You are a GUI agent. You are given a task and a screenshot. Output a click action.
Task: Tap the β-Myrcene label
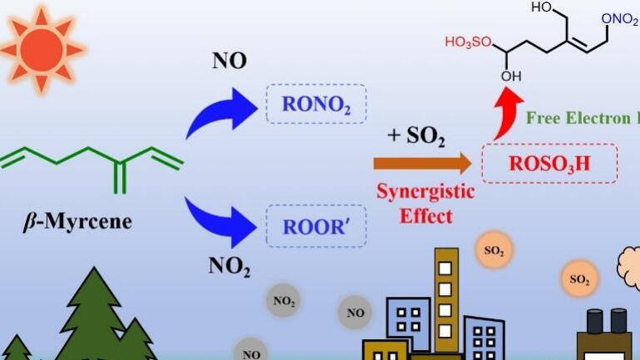point(76,222)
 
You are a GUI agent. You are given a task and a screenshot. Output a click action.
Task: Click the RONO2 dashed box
point(316,104)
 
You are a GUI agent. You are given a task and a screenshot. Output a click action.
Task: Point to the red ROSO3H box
point(549,163)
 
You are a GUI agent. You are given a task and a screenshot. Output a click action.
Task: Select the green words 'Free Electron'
point(578,118)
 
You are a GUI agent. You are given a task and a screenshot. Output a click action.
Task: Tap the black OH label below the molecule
point(511,76)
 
